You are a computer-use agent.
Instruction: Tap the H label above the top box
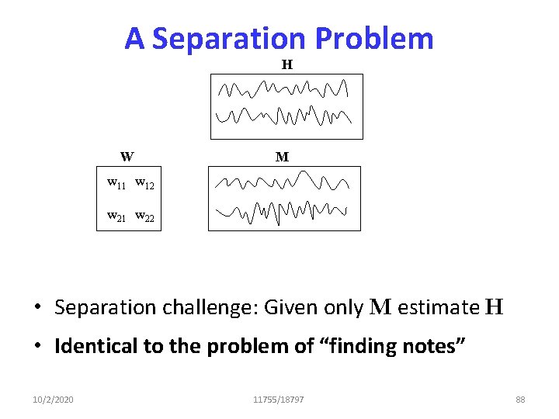pos(286,64)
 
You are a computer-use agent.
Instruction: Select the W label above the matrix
pos(127,156)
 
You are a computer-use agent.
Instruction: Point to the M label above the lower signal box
pos(282,157)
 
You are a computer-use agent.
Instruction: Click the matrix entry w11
pos(117,184)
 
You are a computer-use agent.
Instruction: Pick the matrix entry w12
pos(144,184)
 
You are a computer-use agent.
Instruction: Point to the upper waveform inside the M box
pos(284,184)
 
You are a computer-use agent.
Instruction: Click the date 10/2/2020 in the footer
pos(54,399)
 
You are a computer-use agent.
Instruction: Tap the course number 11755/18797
pos(279,399)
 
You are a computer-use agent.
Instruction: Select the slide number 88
pos(520,399)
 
